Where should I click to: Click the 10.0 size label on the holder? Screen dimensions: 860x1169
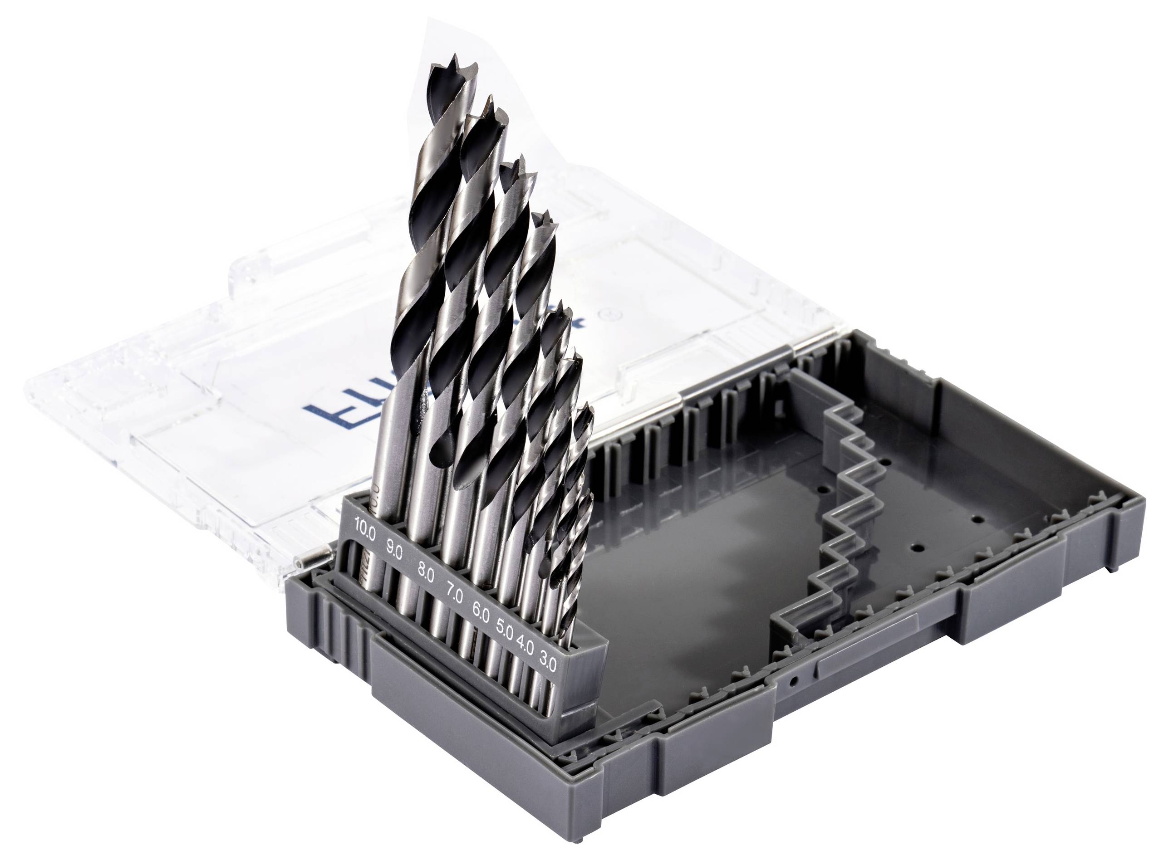click(x=364, y=526)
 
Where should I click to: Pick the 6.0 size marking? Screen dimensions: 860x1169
click(x=480, y=612)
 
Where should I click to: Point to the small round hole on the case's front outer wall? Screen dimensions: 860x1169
click(x=793, y=681)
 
